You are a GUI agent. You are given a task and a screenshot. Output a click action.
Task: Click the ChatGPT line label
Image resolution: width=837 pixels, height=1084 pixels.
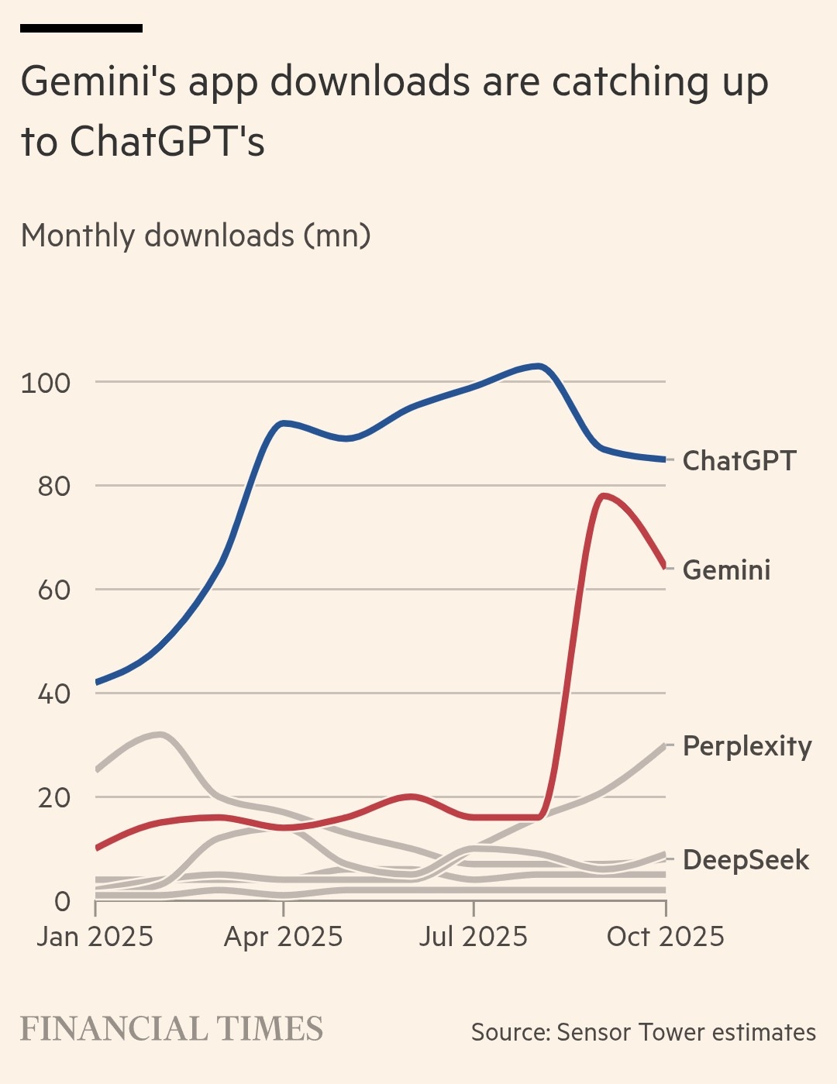(x=739, y=461)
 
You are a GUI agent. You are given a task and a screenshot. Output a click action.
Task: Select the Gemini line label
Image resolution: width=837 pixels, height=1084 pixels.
(x=726, y=570)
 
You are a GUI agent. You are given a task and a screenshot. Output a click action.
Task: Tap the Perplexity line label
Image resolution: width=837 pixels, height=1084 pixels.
(x=747, y=746)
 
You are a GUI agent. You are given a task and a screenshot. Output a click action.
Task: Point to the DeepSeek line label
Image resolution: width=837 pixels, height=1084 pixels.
(x=746, y=860)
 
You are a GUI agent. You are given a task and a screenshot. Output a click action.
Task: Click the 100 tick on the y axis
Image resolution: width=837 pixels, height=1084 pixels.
(x=45, y=383)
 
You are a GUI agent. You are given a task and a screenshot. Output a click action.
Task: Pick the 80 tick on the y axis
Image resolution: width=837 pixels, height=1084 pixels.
(x=53, y=487)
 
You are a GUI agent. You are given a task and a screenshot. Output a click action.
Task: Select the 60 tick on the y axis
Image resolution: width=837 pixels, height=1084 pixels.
(x=53, y=590)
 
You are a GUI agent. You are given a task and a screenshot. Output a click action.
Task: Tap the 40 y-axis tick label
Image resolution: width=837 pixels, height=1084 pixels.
(x=53, y=694)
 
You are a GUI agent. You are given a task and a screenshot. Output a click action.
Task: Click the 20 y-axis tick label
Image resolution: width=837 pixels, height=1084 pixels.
(x=53, y=798)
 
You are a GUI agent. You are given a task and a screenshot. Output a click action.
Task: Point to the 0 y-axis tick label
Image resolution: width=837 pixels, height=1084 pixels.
(x=62, y=901)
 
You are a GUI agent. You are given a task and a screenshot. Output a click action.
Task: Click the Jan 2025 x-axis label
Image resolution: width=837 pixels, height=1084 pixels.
(x=95, y=937)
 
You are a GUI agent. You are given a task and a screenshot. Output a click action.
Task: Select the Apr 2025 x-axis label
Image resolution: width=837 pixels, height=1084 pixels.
(x=283, y=937)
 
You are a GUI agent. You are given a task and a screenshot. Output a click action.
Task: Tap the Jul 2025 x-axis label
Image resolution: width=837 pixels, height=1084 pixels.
(x=473, y=937)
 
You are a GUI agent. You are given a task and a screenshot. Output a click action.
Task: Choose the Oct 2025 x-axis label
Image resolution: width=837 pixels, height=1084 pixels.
(x=665, y=937)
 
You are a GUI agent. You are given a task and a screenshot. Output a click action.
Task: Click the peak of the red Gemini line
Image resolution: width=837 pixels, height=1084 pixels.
(x=603, y=495)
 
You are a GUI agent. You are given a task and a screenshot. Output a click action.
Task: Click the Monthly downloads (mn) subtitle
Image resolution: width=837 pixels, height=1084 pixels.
(x=195, y=236)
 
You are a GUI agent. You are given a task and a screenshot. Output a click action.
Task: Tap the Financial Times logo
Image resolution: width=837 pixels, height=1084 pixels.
(x=171, y=1029)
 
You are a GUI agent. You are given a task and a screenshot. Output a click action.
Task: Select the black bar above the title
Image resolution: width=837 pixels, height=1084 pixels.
(x=81, y=28)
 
